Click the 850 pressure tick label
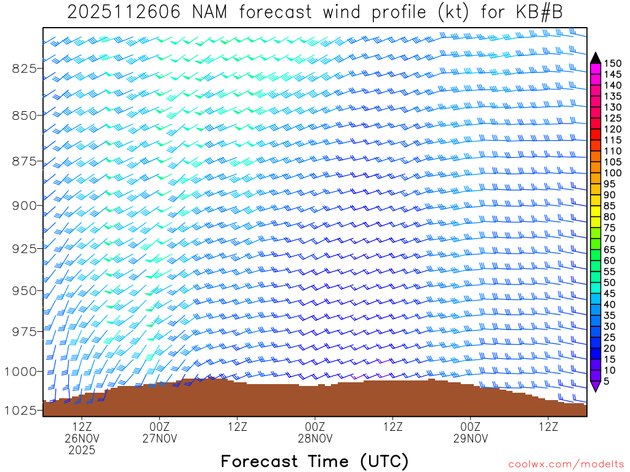click(25, 115)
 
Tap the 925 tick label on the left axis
click(25, 248)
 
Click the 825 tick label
click(25, 68)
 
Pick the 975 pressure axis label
click(25, 332)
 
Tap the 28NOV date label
click(315, 439)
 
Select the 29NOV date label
click(471, 439)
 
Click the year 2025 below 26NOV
click(82, 450)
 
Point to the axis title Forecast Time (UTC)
click(314, 461)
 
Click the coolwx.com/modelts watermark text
click(565, 464)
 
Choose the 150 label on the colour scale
click(612, 63)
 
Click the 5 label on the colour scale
click(607, 381)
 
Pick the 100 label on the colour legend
click(612, 173)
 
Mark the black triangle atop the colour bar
click(595, 58)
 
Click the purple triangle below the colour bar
click(595, 386)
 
